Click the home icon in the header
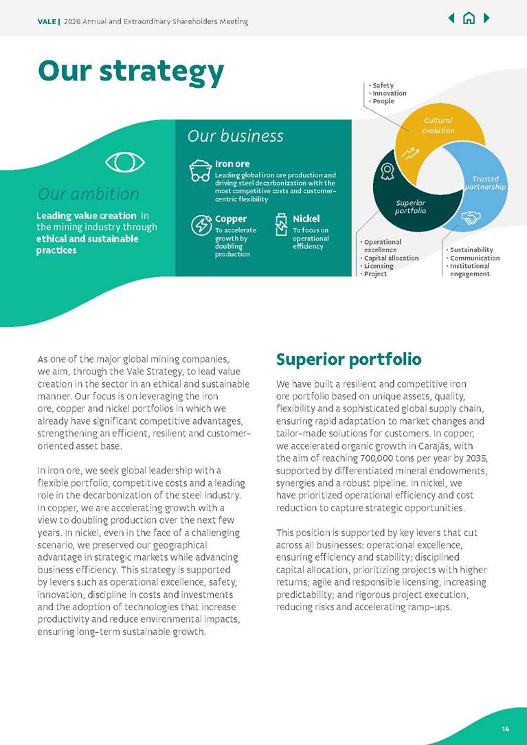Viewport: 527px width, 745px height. pyautogui.click(x=469, y=18)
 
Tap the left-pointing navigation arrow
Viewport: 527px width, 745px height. pyautogui.click(x=451, y=18)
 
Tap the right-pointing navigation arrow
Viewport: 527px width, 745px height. pyautogui.click(x=486, y=18)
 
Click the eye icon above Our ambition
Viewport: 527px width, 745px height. pyautogui.click(x=125, y=162)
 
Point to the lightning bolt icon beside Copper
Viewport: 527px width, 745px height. pyautogui.click(x=200, y=225)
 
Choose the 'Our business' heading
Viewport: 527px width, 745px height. pyautogui.click(x=235, y=136)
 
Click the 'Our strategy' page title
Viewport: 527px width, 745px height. pyautogui.click(x=131, y=71)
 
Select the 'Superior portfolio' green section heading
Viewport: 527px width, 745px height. pyautogui.click(x=348, y=359)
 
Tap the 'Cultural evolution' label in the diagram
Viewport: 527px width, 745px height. pyautogui.click(x=438, y=125)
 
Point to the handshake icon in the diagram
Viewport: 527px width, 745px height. pyautogui.click(x=471, y=219)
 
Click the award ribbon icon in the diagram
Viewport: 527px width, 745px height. pyautogui.click(x=388, y=171)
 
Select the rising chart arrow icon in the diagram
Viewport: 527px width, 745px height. pyautogui.click(x=412, y=153)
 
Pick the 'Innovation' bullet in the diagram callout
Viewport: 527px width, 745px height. pyautogui.click(x=389, y=93)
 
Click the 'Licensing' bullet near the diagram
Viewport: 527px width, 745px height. pyautogui.click(x=379, y=266)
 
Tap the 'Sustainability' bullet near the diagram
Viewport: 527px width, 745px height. pyautogui.click(x=471, y=249)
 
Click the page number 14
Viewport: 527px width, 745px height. pyautogui.click(x=505, y=728)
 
